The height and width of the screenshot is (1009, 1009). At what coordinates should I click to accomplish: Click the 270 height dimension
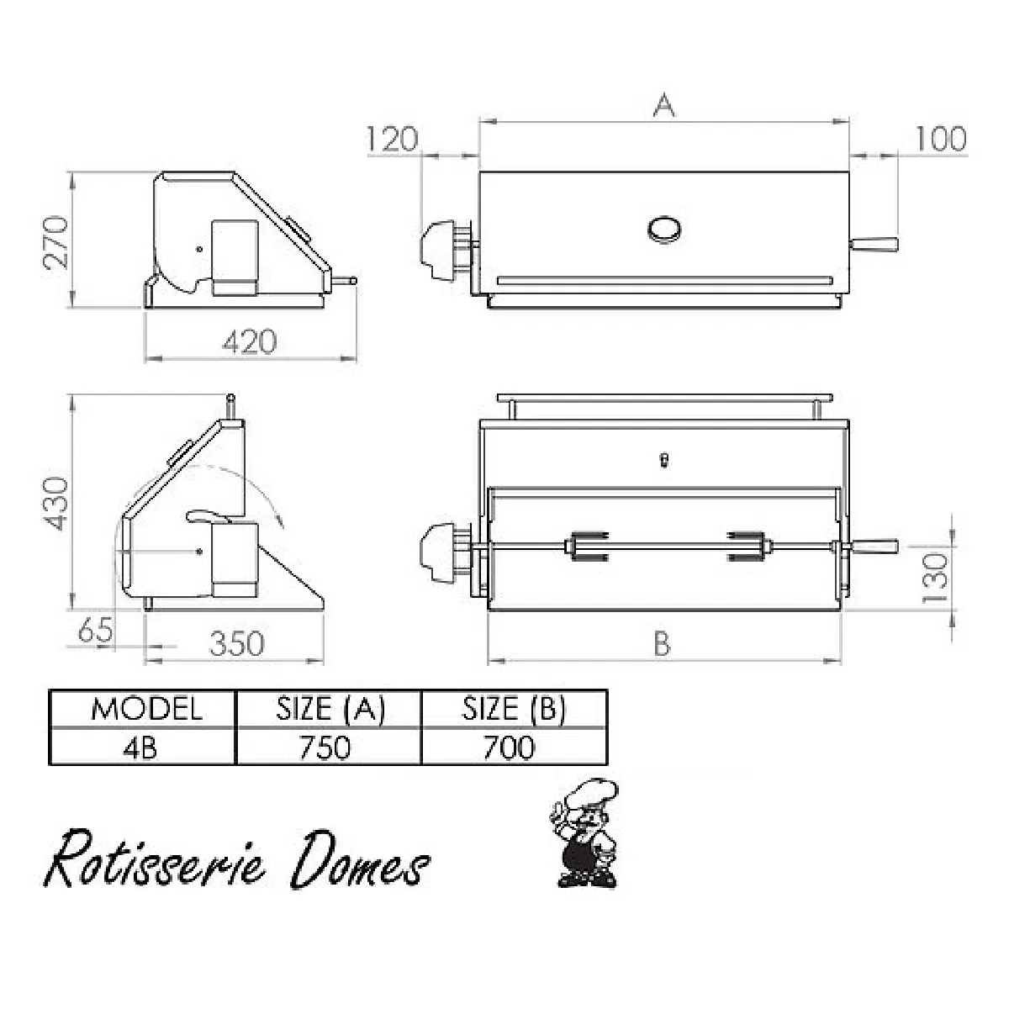(x=55, y=243)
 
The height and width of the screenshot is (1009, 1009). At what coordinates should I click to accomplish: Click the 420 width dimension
(x=250, y=342)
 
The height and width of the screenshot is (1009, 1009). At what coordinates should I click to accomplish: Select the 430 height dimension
(x=55, y=504)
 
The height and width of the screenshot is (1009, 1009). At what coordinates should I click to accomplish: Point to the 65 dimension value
(x=95, y=630)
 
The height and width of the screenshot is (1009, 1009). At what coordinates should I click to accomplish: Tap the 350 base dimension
(x=237, y=643)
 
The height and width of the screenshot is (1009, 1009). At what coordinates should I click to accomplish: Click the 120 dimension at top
(x=393, y=140)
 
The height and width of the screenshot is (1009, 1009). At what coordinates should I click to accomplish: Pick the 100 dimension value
(x=941, y=140)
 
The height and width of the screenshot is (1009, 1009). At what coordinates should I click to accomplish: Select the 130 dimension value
(x=936, y=578)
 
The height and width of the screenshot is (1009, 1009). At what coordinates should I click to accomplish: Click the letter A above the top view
(x=664, y=104)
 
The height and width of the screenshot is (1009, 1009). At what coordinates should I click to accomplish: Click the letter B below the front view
(x=663, y=643)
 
